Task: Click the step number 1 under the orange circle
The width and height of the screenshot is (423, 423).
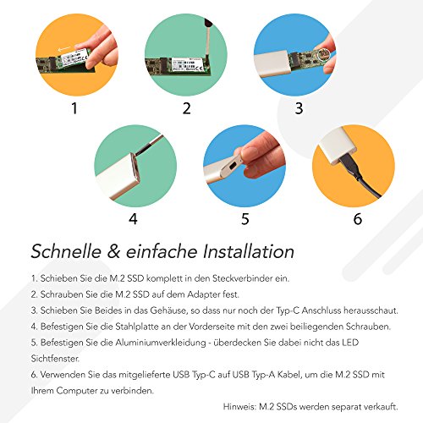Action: [74, 108]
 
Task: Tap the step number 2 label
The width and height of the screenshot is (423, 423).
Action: [187, 108]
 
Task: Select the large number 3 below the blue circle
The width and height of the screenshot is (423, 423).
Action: [299, 108]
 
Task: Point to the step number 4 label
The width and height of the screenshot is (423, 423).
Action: [133, 219]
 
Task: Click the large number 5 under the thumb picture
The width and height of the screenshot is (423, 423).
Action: [245, 219]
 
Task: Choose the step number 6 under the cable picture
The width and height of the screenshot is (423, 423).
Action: [358, 219]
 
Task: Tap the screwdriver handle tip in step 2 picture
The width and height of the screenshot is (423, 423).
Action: [208, 22]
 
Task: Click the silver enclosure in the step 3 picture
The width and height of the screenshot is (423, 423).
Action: [272, 63]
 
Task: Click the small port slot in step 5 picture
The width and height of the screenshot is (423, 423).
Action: [233, 166]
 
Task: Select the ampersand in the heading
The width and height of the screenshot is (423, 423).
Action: [113, 251]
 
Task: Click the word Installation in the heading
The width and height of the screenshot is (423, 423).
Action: [249, 251]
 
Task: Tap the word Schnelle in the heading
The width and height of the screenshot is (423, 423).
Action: [66, 251]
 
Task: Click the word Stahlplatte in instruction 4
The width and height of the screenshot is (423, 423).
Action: [137, 327]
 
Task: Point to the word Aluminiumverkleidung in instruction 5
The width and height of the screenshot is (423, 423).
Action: [161, 343]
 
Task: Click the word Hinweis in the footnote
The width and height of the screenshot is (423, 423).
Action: [239, 407]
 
